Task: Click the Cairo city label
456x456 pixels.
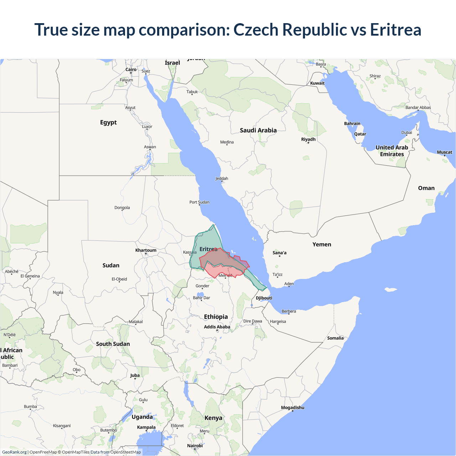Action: [x=131, y=69]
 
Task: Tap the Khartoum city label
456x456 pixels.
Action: [x=146, y=250]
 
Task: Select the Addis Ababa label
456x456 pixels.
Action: [x=217, y=327]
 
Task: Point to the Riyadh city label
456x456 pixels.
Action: [x=308, y=139]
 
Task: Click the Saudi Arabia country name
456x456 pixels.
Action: [x=258, y=130]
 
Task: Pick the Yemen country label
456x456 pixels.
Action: [x=322, y=244]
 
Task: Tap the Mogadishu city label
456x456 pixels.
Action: [x=292, y=408]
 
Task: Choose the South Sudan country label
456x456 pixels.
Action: [x=113, y=344]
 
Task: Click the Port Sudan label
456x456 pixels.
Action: [x=199, y=202]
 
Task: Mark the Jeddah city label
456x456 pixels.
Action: [x=222, y=178]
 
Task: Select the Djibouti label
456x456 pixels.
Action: [x=264, y=298]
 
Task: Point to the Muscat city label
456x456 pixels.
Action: [x=444, y=152]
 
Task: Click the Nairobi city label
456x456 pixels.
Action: [x=195, y=446]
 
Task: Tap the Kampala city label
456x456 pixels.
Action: [x=146, y=427]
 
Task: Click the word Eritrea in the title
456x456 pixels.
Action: [x=395, y=30]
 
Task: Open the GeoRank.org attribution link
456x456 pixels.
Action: [x=14, y=452]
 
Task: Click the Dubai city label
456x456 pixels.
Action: [x=406, y=133]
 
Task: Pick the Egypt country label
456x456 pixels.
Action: [x=108, y=123]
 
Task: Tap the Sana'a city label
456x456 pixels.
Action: [x=279, y=253]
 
